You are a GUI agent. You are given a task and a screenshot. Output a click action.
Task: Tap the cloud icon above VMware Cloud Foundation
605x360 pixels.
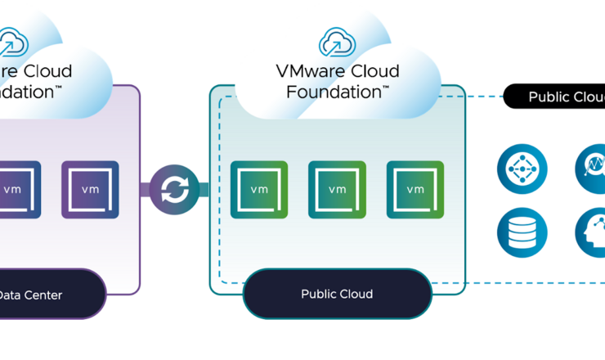[337, 41]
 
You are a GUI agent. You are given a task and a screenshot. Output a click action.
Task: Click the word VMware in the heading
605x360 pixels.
[306, 71]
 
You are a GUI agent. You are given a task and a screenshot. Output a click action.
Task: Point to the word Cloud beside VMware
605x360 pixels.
[377, 71]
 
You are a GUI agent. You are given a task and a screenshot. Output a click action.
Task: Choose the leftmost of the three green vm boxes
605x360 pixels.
[259, 190]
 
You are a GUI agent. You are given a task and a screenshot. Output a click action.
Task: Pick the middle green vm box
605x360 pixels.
[337, 190]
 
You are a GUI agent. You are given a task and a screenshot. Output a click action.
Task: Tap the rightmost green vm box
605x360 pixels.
[415, 190]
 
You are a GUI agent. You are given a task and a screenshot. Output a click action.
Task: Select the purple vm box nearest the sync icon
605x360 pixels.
[90, 190]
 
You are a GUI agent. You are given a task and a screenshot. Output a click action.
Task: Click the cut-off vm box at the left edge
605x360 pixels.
[14, 190]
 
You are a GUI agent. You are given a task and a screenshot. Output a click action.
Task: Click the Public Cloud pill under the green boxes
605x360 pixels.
[337, 294]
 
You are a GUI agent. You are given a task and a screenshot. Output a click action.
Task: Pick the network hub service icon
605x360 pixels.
[522, 170]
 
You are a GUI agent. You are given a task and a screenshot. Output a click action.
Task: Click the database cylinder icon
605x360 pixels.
[522, 232]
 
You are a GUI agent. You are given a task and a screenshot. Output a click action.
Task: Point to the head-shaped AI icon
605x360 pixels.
[592, 232]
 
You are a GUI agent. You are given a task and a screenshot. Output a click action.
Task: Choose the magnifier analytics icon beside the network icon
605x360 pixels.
[592, 170]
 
